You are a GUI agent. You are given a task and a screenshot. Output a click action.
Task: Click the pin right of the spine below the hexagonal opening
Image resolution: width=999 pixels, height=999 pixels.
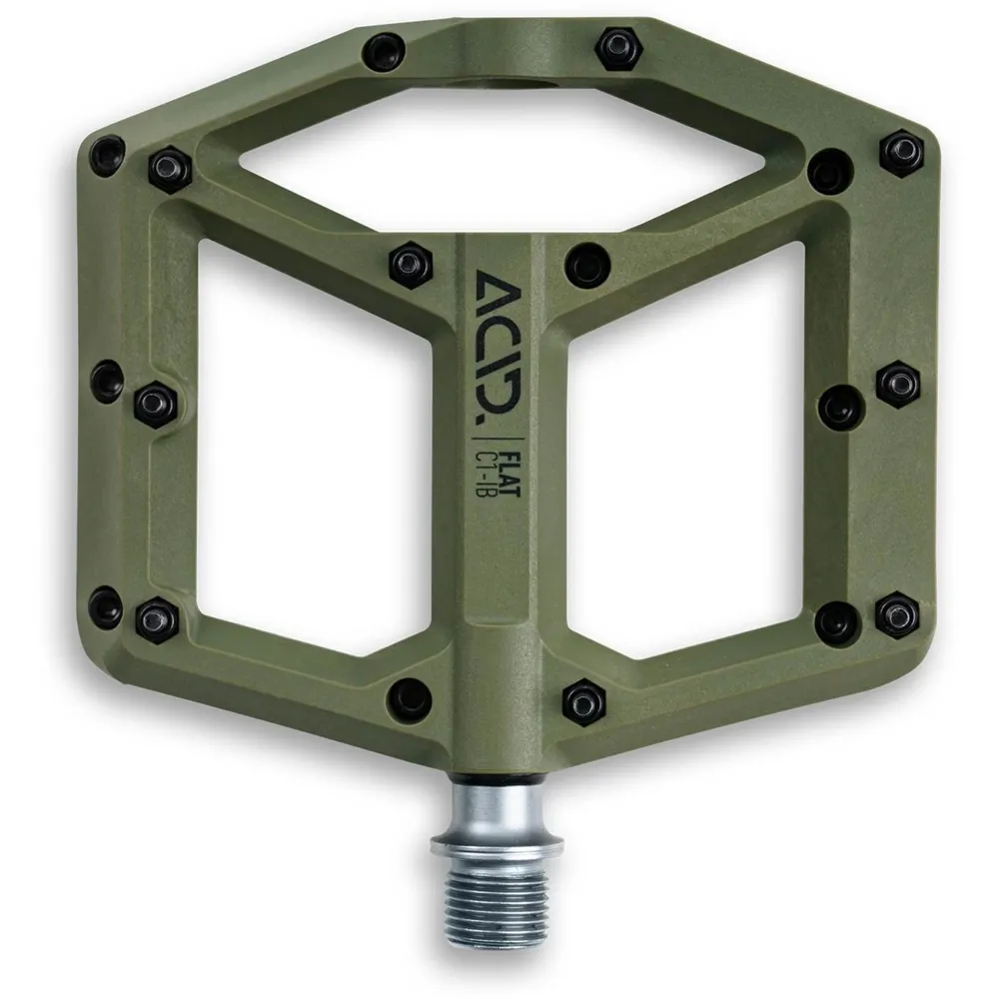coord(586,265)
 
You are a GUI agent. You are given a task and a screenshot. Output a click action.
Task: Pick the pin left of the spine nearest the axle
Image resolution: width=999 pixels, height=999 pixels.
coord(410,696)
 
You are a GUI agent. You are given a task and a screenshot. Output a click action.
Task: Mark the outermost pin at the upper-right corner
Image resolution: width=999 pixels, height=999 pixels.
coord(901,152)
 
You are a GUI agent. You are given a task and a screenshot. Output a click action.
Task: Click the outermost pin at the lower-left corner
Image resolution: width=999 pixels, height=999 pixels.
coord(106,607)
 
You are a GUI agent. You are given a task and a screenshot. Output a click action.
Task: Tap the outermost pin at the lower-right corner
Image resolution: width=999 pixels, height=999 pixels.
coord(898,613)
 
